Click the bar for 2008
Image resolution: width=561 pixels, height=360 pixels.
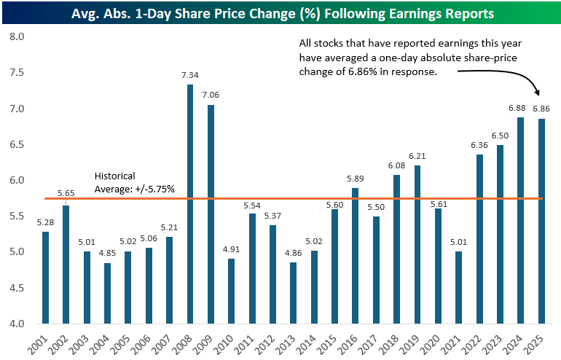point(190,204)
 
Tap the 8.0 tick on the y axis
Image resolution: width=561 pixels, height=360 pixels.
point(16,36)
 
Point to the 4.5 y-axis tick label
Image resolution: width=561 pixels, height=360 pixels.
point(16,289)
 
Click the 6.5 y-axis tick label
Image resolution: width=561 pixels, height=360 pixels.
point(16,144)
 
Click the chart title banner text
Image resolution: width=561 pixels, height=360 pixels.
point(280,13)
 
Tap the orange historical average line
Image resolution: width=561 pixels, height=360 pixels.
point(291,198)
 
